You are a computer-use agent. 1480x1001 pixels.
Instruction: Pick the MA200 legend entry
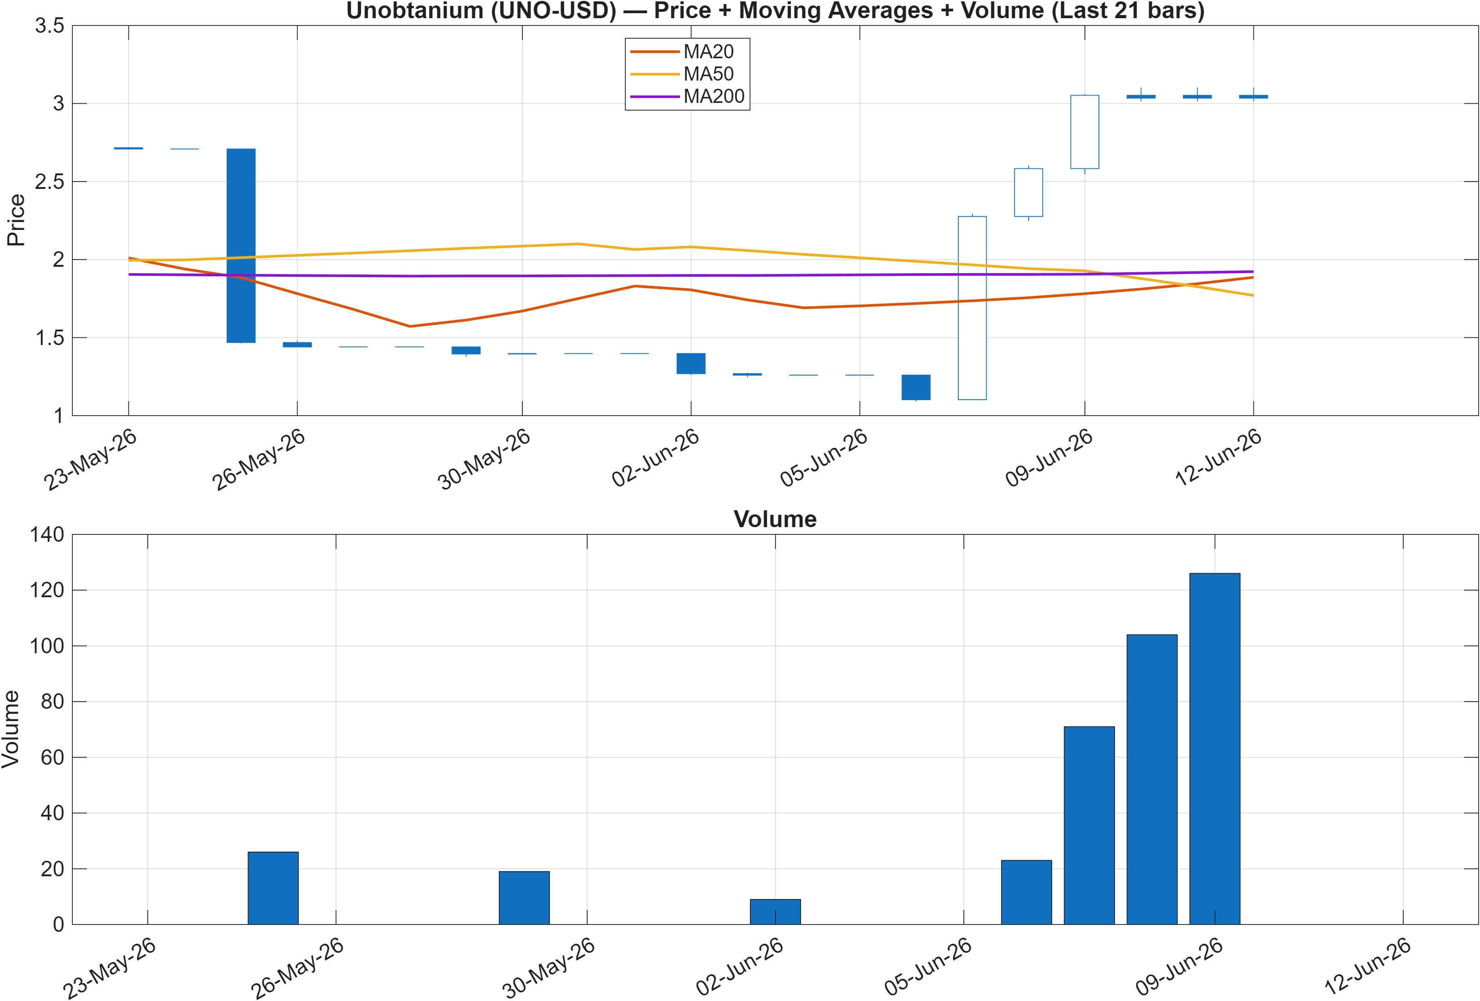click(x=686, y=96)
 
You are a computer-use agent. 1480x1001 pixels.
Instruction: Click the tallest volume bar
click(x=1214, y=749)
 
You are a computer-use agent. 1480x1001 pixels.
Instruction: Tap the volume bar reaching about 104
click(x=1152, y=779)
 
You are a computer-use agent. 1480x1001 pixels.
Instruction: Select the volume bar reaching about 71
click(x=1089, y=825)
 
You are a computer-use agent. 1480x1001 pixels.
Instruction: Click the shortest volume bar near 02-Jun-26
click(x=775, y=912)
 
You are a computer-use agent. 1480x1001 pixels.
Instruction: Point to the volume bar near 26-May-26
click(x=273, y=888)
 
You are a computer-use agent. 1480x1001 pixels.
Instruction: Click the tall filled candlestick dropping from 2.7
click(x=241, y=245)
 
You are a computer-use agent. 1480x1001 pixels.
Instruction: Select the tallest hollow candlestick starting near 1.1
click(x=973, y=308)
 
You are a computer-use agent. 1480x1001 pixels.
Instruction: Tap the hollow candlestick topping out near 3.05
click(x=1085, y=132)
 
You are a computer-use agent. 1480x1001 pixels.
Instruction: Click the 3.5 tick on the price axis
click(x=50, y=26)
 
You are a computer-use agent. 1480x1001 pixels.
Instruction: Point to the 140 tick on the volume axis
click(x=47, y=534)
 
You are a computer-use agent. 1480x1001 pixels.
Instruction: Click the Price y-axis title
click(x=15, y=220)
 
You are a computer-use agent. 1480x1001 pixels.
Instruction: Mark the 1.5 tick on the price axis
click(x=50, y=338)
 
